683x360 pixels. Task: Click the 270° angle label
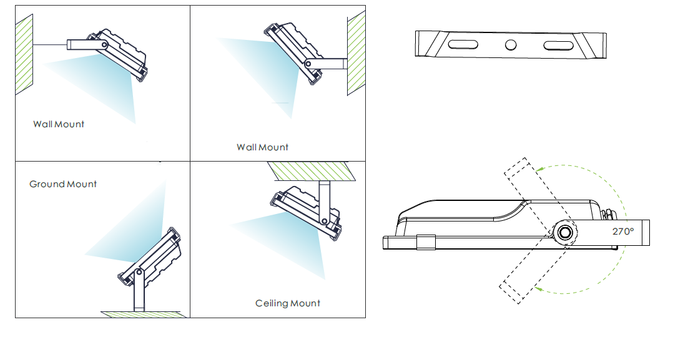pos(623,231)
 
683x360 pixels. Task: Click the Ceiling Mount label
pos(287,303)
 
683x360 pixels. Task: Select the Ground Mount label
pos(62,183)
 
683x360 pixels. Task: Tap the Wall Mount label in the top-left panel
pos(58,124)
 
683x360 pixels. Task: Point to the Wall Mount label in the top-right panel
pos(262,147)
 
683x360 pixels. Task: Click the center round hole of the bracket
pos(511,45)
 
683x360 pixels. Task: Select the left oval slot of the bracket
pos(463,44)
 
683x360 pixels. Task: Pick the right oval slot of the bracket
pos(558,46)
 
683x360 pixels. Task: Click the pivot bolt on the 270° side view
pos(565,233)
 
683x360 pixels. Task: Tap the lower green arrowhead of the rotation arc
pos(538,288)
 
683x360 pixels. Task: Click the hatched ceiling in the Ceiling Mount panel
pos(312,171)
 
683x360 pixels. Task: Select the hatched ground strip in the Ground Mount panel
pos(144,314)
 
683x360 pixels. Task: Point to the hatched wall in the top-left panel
pos(24,54)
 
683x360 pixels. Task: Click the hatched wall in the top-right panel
pos(356,53)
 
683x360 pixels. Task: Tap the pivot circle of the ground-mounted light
pos(139,273)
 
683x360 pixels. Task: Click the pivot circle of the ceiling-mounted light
pos(325,221)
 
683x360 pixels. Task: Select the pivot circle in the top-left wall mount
pos(104,44)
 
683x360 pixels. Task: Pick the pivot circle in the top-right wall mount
pos(308,64)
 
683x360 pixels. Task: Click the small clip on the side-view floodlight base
pos(426,243)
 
